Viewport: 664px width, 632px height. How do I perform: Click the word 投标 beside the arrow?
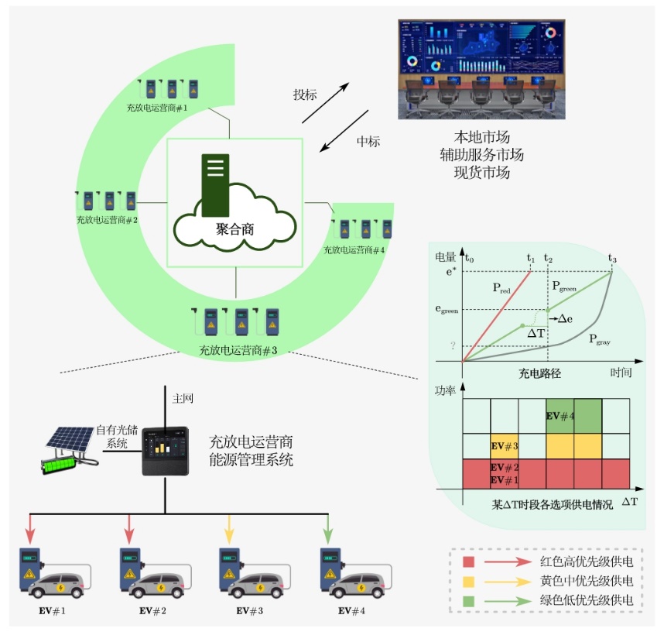[305, 95]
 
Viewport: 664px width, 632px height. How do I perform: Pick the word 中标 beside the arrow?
[368, 142]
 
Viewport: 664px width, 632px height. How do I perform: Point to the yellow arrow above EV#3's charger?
[229, 531]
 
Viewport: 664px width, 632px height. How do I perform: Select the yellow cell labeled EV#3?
[504, 446]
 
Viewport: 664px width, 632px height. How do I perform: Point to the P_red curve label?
[501, 288]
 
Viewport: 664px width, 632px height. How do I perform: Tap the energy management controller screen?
[166, 449]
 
